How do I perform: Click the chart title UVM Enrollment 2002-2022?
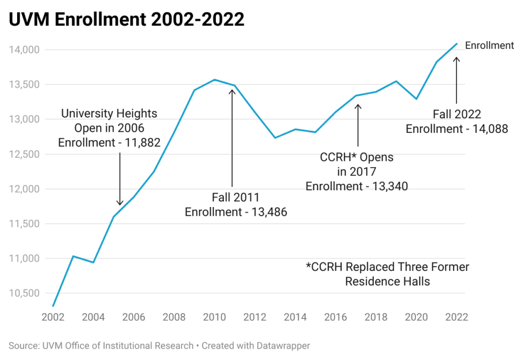[x=126, y=20]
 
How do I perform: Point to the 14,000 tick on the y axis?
[x=25, y=50]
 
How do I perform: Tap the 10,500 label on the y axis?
[x=25, y=293]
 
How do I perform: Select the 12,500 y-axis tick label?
[x=25, y=154]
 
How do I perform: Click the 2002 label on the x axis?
[x=52, y=317]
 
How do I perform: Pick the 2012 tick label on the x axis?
[x=255, y=317]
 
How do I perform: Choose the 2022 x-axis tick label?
[x=457, y=317]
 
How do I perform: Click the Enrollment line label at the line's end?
[x=489, y=46]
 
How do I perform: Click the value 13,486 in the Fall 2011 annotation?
[x=264, y=212]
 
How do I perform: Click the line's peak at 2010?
[x=214, y=80]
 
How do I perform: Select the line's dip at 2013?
[x=275, y=137]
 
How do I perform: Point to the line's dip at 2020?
[x=416, y=99]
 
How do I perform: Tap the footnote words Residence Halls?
[x=387, y=281]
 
